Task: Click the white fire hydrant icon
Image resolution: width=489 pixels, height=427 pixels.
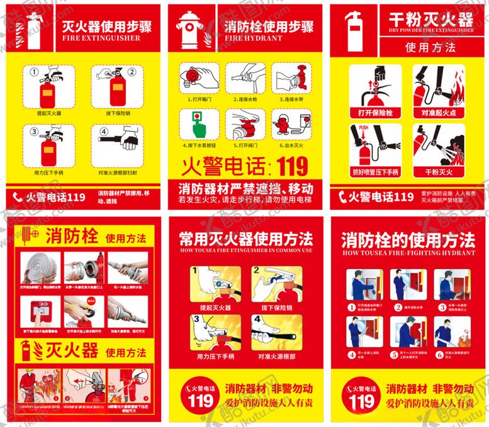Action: (189, 28)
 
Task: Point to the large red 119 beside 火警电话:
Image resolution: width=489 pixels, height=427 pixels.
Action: (288, 166)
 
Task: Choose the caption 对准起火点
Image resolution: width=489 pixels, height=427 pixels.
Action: (438, 113)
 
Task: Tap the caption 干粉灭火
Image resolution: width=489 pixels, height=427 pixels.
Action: (439, 172)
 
